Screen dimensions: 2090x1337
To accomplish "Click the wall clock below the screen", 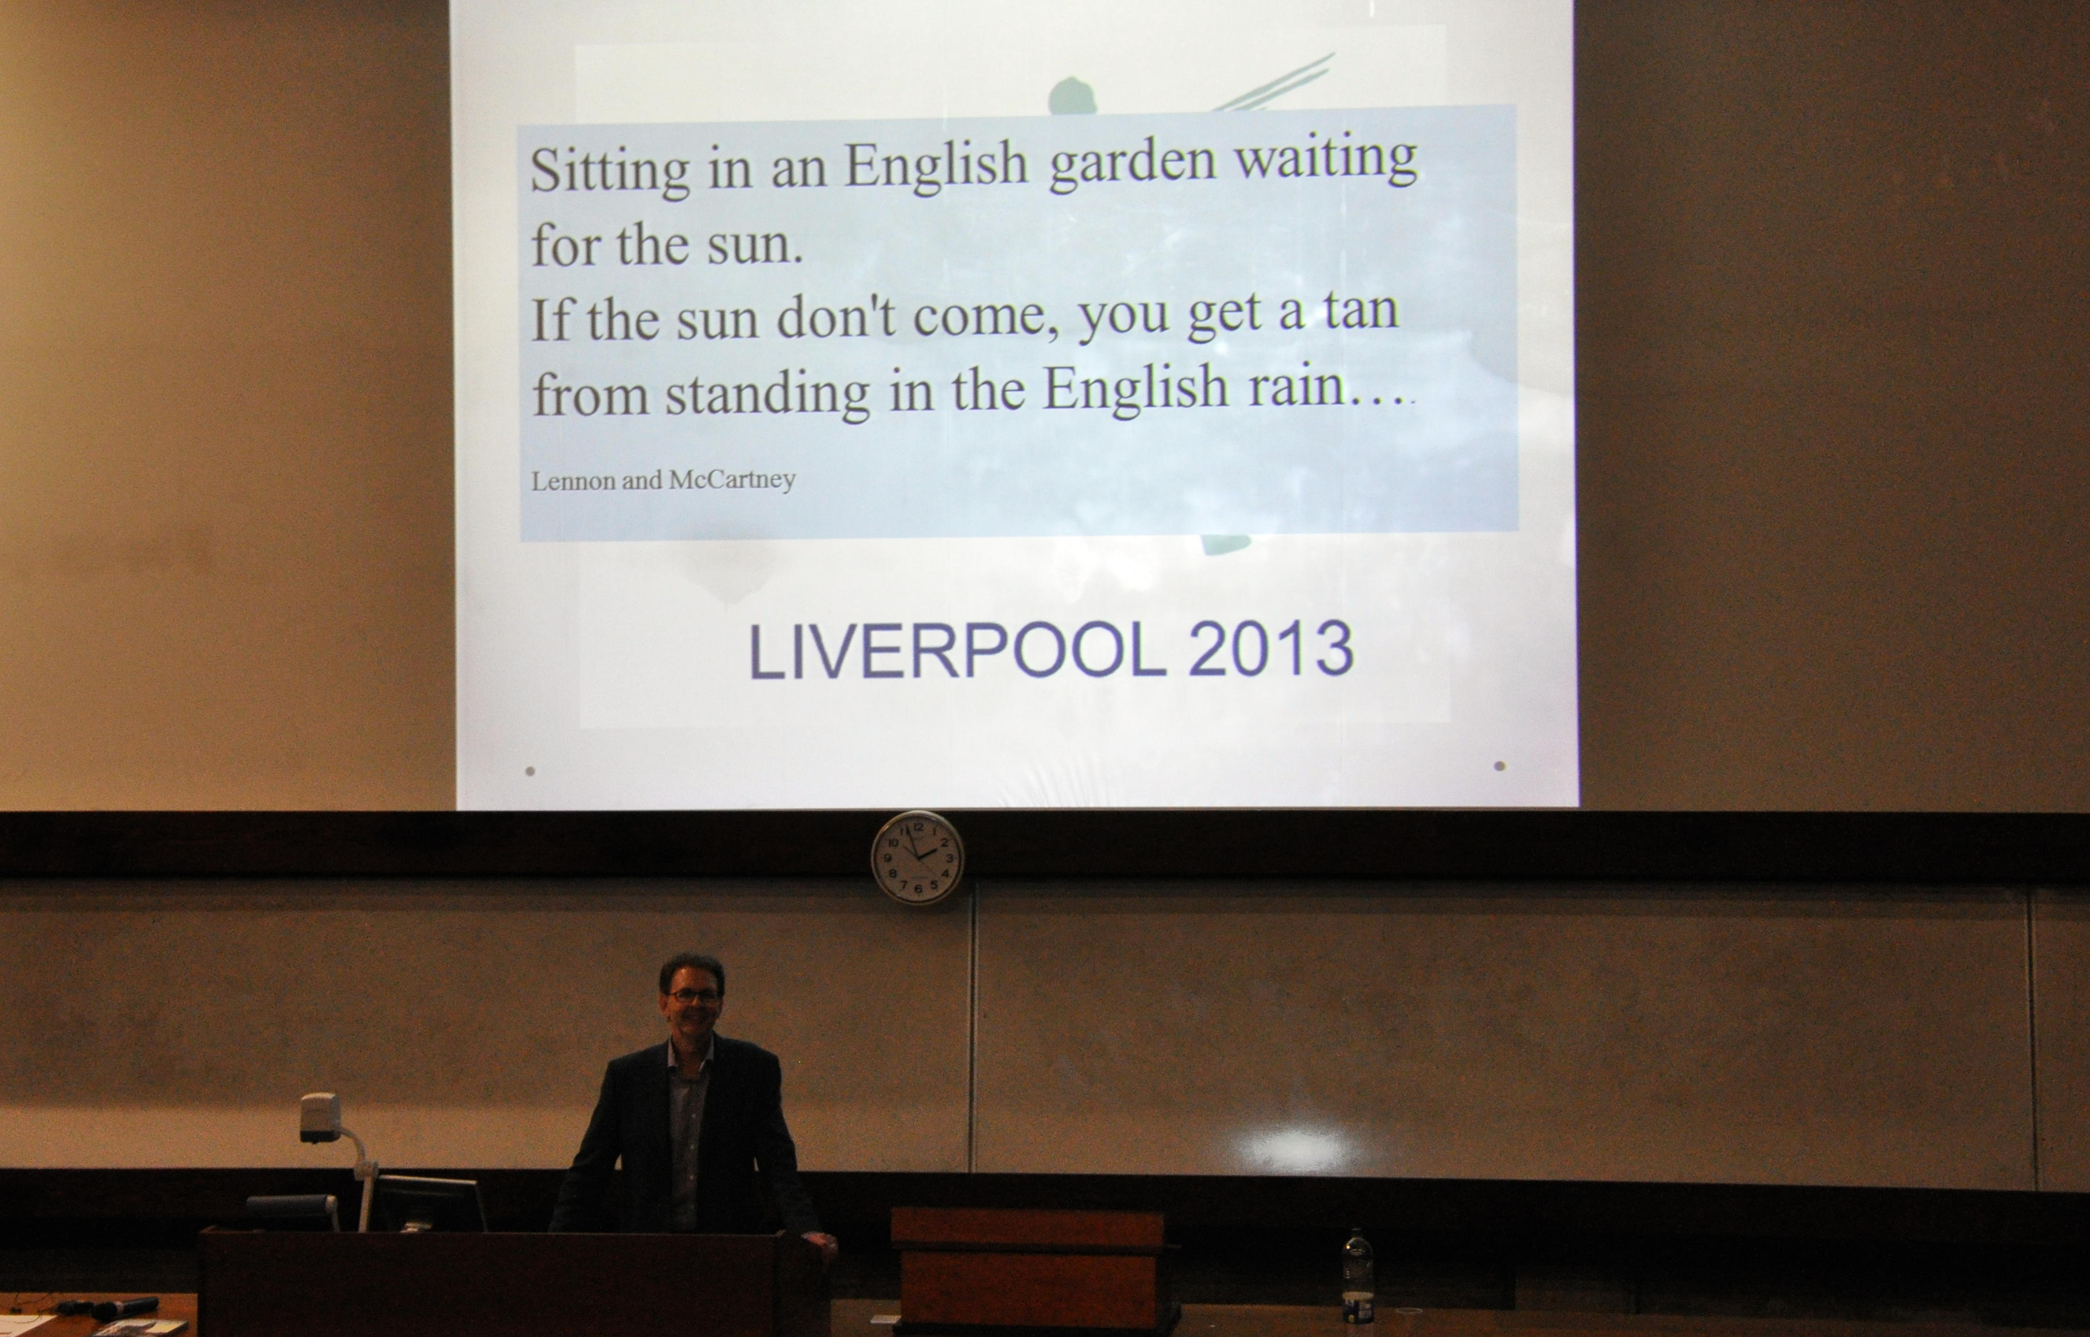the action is (917, 858).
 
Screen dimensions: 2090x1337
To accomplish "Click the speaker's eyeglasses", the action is (692, 996).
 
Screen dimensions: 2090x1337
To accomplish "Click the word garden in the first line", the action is (1132, 163).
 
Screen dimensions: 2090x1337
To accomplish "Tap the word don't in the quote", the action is (835, 317).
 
